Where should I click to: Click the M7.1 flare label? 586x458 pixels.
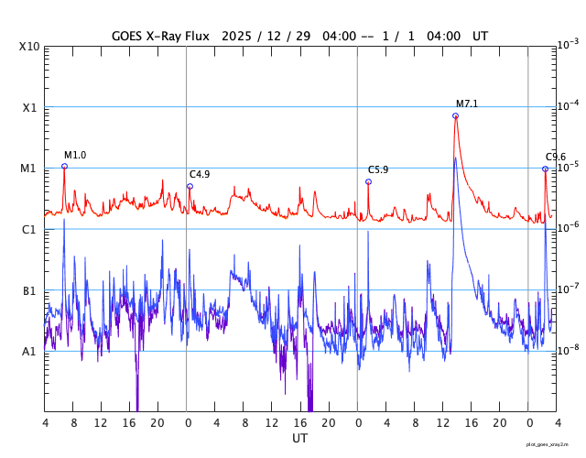467,104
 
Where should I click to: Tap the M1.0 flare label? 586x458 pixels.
75,155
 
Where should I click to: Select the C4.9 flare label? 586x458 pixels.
200,174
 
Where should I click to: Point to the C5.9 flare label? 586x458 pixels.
378,170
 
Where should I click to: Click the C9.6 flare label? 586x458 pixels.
556,158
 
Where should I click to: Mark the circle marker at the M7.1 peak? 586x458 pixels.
455,115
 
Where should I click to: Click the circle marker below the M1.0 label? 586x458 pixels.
64,166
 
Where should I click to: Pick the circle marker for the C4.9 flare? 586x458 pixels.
190,186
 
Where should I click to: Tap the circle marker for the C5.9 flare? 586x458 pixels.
368,181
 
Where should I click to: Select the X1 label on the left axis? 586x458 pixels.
30,108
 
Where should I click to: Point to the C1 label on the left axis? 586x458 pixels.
30,230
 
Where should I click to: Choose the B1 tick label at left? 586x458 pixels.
30,291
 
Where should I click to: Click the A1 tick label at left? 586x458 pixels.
30,352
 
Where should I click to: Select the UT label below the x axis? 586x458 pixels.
300,439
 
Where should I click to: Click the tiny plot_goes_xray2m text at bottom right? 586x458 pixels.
555,443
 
